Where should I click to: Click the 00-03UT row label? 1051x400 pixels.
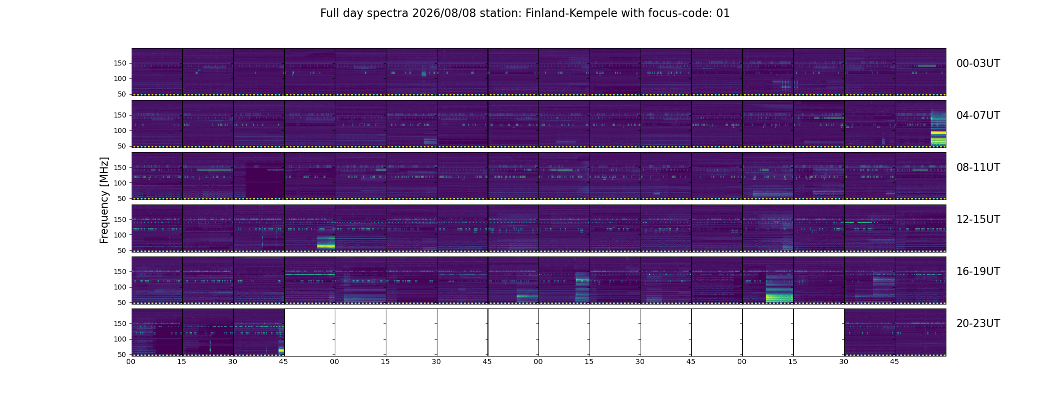pos(978,63)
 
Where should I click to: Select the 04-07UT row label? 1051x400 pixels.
pos(978,115)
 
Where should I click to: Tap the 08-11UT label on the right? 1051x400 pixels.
pos(978,167)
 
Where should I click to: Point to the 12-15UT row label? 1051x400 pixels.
pos(978,219)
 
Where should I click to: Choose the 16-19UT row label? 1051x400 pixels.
pos(978,271)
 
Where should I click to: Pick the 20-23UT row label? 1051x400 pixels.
pos(978,323)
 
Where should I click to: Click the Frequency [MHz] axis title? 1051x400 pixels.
pos(104,200)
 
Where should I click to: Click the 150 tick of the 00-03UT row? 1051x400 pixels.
pos(120,63)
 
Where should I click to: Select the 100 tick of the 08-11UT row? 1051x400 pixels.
pos(120,183)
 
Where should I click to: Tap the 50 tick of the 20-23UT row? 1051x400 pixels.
pos(122,354)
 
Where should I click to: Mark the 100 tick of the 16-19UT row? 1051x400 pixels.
pos(120,287)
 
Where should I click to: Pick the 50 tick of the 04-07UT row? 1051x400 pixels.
pos(122,146)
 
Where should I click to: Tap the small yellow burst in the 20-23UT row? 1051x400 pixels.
pos(281,350)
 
